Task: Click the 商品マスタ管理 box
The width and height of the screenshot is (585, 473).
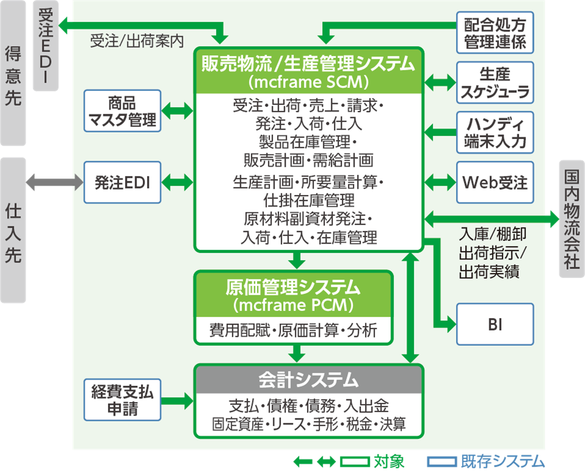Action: click(122, 111)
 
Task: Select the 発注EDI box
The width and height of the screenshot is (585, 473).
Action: click(122, 182)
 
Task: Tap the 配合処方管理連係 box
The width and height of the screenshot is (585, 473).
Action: click(495, 33)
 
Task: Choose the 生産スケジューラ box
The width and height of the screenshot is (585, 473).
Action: click(495, 83)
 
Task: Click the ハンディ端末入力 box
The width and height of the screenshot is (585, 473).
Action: click(495, 133)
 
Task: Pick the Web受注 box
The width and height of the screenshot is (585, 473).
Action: click(495, 182)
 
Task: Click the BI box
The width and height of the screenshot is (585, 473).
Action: click(495, 324)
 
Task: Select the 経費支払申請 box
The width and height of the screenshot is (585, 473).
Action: click(122, 400)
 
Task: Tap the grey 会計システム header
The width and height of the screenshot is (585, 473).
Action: click(309, 380)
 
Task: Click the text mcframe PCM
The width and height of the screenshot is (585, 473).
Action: click(293, 305)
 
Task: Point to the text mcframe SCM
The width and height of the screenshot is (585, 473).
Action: click(309, 82)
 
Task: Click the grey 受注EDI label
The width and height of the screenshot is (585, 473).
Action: click(46, 46)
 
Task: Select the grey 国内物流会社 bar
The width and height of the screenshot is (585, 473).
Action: click(571, 218)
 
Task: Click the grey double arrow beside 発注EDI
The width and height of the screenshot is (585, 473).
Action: click(55, 182)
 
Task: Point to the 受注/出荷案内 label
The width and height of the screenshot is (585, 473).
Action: click(136, 41)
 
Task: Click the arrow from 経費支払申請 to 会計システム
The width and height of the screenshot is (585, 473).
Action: click(177, 400)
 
